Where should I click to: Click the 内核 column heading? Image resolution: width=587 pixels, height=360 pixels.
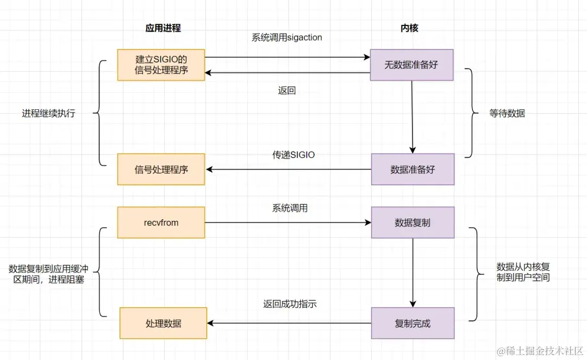click(x=409, y=28)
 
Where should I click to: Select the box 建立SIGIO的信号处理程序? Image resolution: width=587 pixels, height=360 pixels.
click(x=161, y=65)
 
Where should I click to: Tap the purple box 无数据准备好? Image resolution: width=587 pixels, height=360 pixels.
click(x=411, y=65)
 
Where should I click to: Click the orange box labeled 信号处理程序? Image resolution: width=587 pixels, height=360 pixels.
click(x=161, y=169)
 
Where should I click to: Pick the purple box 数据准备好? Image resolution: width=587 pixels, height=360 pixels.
click(x=413, y=169)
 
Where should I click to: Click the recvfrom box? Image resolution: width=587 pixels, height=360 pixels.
click(x=161, y=222)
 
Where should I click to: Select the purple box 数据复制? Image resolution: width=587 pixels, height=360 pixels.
click(x=413, y=222)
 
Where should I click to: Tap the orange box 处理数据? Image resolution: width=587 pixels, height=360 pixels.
click(x=163, y=323)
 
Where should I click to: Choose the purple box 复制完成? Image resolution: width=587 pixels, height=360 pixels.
click(x=413, y=323)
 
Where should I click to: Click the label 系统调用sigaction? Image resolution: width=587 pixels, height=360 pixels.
click(x=286, y=38)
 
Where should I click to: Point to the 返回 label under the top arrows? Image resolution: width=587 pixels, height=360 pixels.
click(x=286, y=91)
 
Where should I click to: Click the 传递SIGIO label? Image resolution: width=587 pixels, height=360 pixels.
click(x=293, y=155)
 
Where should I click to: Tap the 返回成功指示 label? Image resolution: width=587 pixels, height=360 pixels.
click(x=290, y=304)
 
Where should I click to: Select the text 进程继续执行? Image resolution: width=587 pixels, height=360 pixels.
click(x=48, y=114)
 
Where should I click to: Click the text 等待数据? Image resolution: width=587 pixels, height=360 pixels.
click(x=507, y=114)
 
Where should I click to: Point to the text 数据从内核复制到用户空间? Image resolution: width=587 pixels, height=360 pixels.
click(x=523, y=272)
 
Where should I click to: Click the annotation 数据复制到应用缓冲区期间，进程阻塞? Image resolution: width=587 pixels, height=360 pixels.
click(x=48, y=275)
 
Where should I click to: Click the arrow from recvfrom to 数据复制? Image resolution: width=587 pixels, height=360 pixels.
click(x=288, y=222)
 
